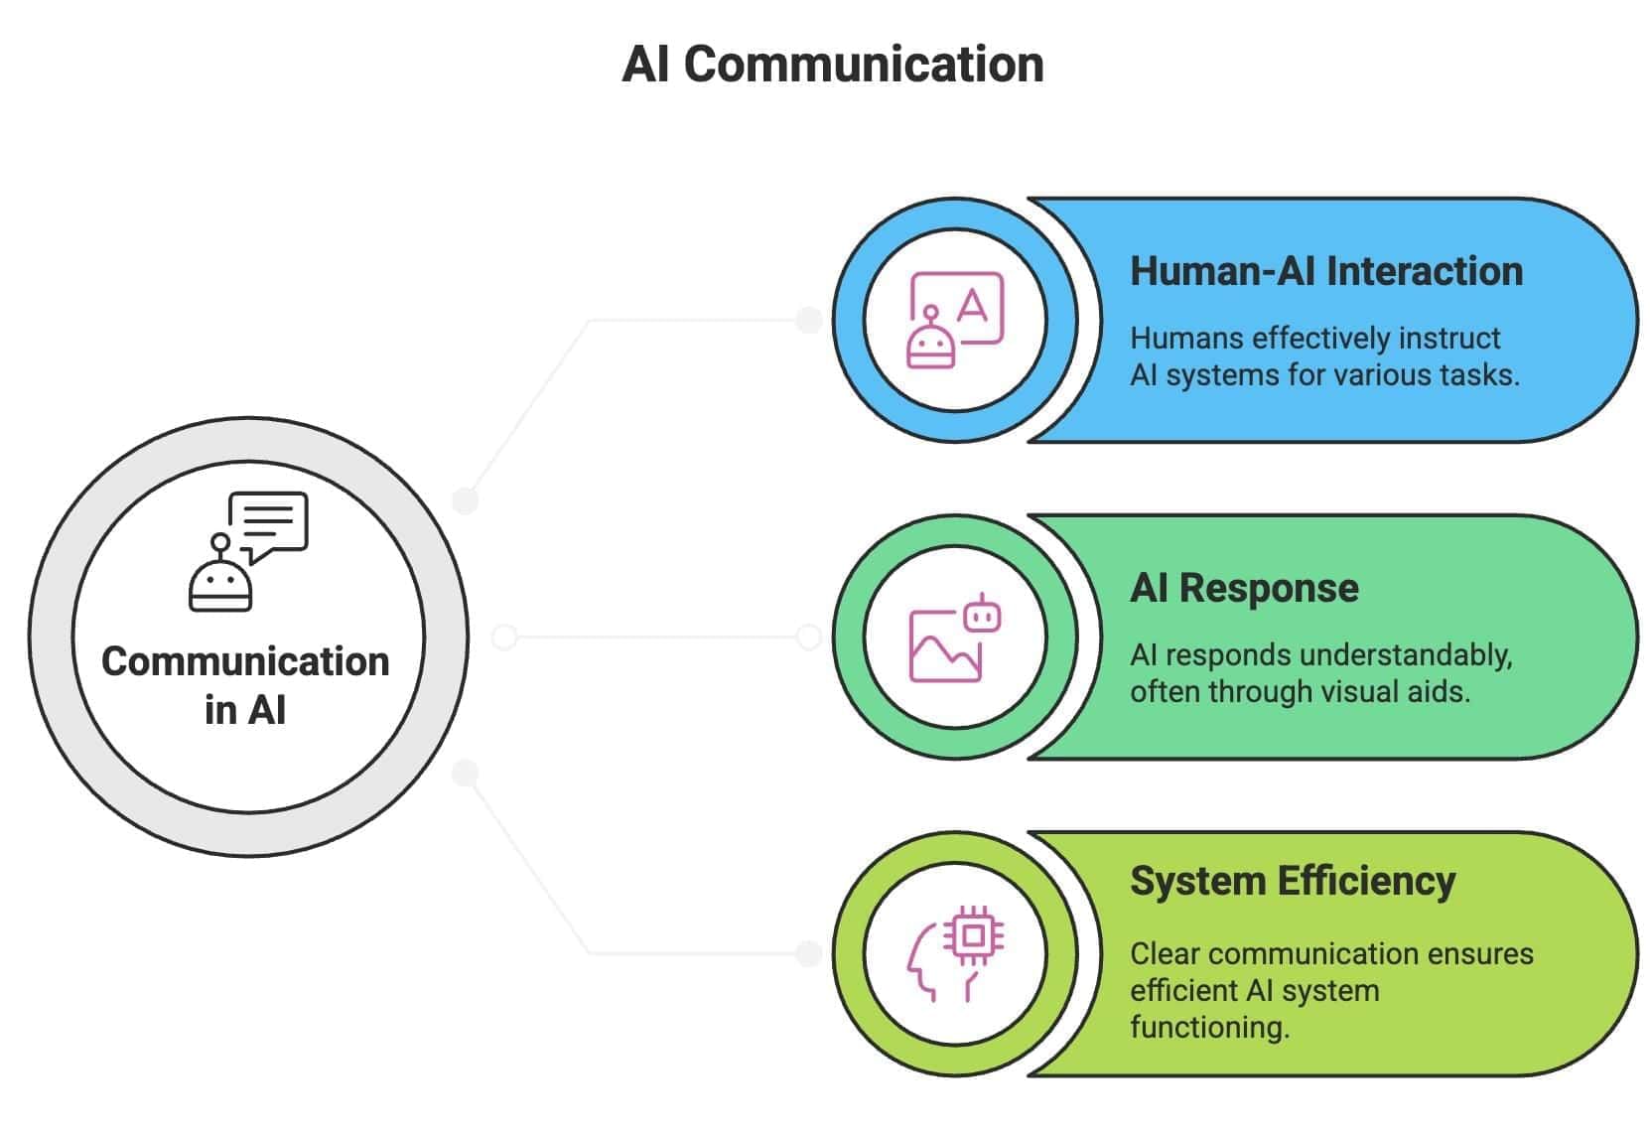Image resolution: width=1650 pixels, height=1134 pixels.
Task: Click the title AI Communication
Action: click(832, 65)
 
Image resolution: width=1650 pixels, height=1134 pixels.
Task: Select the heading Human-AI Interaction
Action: click(1325, 271)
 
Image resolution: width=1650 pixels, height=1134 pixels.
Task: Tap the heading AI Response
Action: click(1243, 588)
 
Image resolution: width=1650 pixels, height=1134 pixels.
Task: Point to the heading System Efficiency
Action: click(1292, 881)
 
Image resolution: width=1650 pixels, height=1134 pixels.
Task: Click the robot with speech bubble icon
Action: click(248, 550)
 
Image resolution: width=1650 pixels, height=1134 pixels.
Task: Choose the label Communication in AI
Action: click(245, 685)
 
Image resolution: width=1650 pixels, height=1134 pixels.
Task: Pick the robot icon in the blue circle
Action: click(930, 340)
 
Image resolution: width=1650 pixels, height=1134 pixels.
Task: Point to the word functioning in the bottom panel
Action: click(1208, 1027)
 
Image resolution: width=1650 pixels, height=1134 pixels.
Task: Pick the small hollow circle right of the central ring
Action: click(504, 637)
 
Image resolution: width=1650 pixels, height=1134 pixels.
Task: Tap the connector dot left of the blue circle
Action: click(809, 320)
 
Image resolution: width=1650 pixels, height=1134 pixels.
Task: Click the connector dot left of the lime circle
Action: click(809, 953)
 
